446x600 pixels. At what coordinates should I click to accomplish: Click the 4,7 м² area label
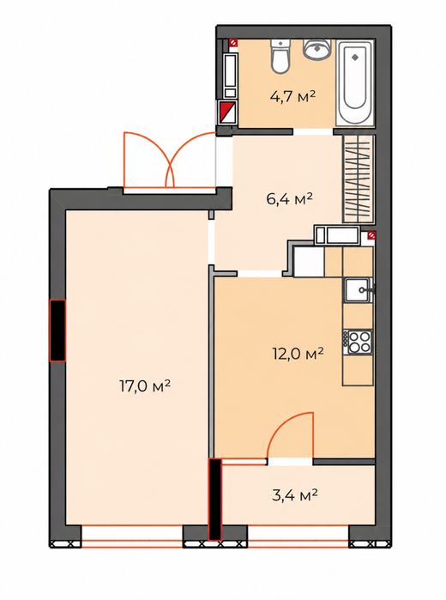coord(292,95)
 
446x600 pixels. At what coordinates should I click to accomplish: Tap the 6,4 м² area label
coord(290,198)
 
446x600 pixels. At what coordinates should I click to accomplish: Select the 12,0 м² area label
coord(298,353)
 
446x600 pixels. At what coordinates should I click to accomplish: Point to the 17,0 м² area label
coord(145,385)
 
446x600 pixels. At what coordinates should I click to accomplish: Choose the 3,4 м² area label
coord(295,495)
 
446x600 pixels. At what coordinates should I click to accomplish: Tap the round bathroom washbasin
coord(316,49)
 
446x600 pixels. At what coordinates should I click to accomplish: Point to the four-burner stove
coord(358,342)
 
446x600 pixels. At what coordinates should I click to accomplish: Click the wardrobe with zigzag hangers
coord(358,179)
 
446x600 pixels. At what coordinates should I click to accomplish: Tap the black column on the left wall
coord(57,330)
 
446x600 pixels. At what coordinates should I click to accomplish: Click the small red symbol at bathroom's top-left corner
coord(233,43)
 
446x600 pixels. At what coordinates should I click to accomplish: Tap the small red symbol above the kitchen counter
coord(371,235)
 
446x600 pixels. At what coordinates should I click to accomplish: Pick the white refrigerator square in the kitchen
coord(310,262)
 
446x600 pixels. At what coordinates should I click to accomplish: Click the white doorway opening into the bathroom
coord(313,131)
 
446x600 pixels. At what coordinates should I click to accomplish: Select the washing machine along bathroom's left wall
coord(230,76)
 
